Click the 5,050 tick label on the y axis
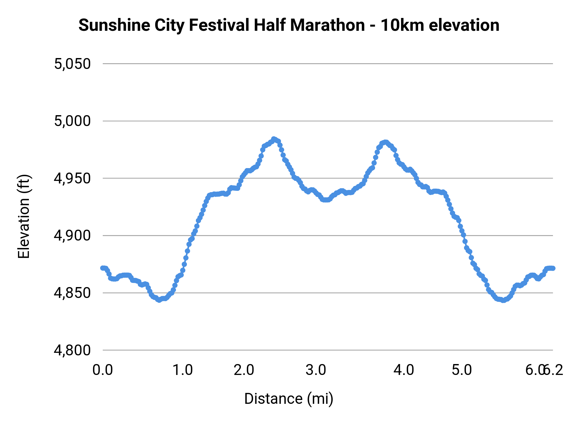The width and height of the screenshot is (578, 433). pyautogui.click(x=72, y=64)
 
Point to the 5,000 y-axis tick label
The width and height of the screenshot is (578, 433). pyautogui.click(x=72, y=121)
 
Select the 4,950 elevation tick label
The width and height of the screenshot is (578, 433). pyautogui.click(x=72, y=179)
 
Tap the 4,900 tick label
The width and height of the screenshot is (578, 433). pyautogui.click(x=72, y=236)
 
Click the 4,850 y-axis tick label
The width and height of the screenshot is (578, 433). pyautogui.click(x=72, y=293)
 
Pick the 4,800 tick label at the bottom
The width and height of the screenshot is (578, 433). pyautogui.click(x=72, y=350)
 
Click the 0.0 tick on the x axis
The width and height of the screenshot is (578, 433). pyautogui.click(x=103, y=370)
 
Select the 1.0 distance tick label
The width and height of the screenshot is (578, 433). pyautogui.click(x=183, y=370)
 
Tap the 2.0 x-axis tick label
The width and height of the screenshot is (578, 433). pyautogui.click(x=244, y=370)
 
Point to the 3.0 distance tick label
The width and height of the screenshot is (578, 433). pyautogui.click(x=316, y=370)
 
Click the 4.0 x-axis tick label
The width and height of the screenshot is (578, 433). pyautogui.click(x=404, y=370)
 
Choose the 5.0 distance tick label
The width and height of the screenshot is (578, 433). pyautogui.click(x=462, y=370)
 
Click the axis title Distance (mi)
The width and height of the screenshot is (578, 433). pyautogui.click(x=289, y=399)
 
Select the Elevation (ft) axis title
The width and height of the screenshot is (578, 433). pyautogui.click(x=24, y=216)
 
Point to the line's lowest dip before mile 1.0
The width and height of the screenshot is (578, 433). pyautogui.click(x=159, y=300)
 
